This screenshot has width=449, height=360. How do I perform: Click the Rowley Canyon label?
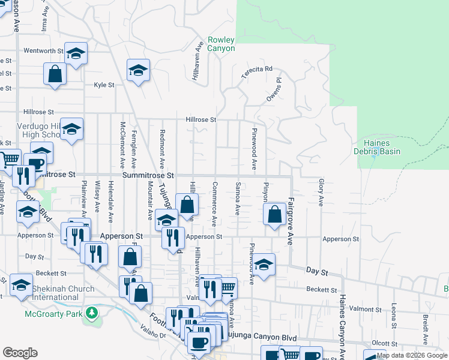pos(221,44)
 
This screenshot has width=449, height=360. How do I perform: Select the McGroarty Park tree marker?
pos(91,313)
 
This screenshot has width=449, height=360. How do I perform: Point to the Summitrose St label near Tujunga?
pos(148,175)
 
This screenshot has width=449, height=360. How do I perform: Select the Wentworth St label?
pos(44,51)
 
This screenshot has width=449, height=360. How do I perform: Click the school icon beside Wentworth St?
pos(76,53)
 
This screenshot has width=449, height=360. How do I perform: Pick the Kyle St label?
pos(104,85)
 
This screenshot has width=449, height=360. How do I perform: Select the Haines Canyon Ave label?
pos(342,317)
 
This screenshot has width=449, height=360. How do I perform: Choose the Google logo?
pos(20,353)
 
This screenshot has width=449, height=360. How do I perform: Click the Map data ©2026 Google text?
pos(412,355)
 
